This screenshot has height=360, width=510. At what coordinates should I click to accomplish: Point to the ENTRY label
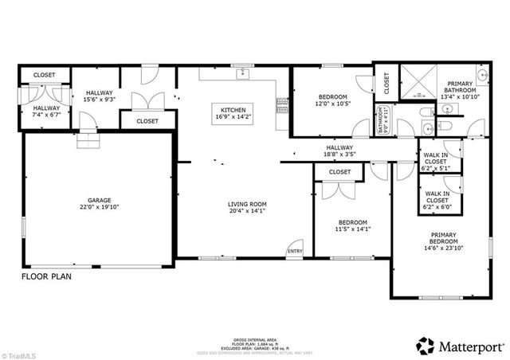point(295,252)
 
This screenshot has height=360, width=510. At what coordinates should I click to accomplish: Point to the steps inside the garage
point(93,141)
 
